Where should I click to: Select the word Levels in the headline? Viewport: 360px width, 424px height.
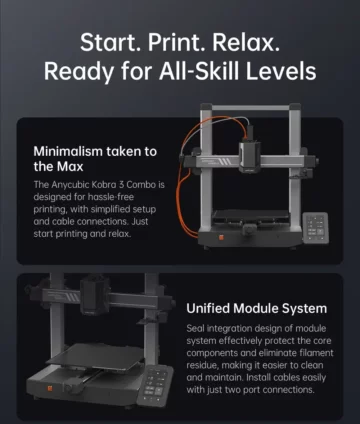point(281,71)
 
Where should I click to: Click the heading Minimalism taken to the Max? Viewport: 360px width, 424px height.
point(95,159)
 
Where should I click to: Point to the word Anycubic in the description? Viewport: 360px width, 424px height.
point(70,185)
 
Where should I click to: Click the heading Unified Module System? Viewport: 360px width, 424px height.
point(257,308)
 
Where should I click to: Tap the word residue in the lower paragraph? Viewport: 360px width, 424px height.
point(201,365)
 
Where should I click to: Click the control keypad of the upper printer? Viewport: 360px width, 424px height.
point(315,228)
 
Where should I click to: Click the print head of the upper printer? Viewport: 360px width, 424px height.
point(249,156)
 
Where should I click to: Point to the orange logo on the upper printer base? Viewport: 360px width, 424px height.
point(221,238)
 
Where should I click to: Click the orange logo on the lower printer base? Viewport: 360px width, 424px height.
point(50,388)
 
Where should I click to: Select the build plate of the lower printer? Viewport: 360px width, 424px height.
point(96,356)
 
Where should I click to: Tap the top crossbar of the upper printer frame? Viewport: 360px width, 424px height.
point(251,107)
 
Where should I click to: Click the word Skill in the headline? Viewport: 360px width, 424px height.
point(217,71)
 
